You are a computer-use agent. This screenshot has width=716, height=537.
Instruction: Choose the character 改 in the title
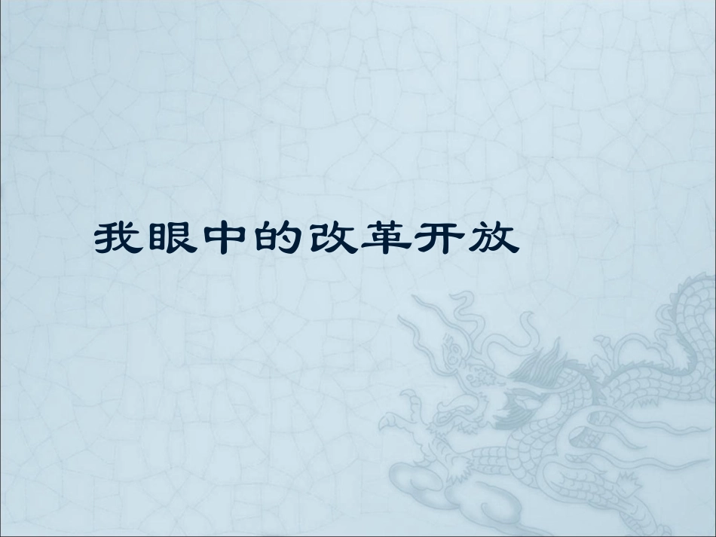tap(335, 240)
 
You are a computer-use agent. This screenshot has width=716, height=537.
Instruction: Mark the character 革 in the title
tap(390, 240)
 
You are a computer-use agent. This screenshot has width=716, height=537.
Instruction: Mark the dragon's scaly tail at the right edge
tap(693, 316)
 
